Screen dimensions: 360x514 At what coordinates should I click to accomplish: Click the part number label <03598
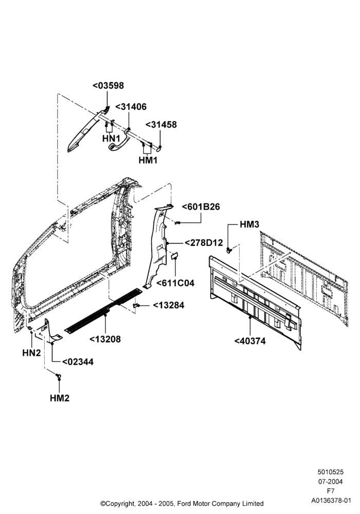[x=108, y=85]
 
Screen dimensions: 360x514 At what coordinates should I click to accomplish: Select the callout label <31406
[x=131, y=107]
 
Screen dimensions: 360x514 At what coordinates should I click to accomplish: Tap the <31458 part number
[x=161, y=124]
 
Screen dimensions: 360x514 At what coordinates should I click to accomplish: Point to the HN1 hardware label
[x=111, y=138]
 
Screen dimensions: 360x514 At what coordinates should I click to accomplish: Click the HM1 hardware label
[x=148, y=160]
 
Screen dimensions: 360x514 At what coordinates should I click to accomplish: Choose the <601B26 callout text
[x=201, y=207]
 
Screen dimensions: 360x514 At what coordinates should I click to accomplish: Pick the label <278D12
[x=204, y=243]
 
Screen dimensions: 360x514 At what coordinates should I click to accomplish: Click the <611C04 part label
[x=175, y=283]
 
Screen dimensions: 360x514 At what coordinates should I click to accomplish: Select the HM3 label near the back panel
[x=249, y=224]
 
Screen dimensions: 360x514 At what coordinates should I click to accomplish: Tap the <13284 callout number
[x=169, y=305]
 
